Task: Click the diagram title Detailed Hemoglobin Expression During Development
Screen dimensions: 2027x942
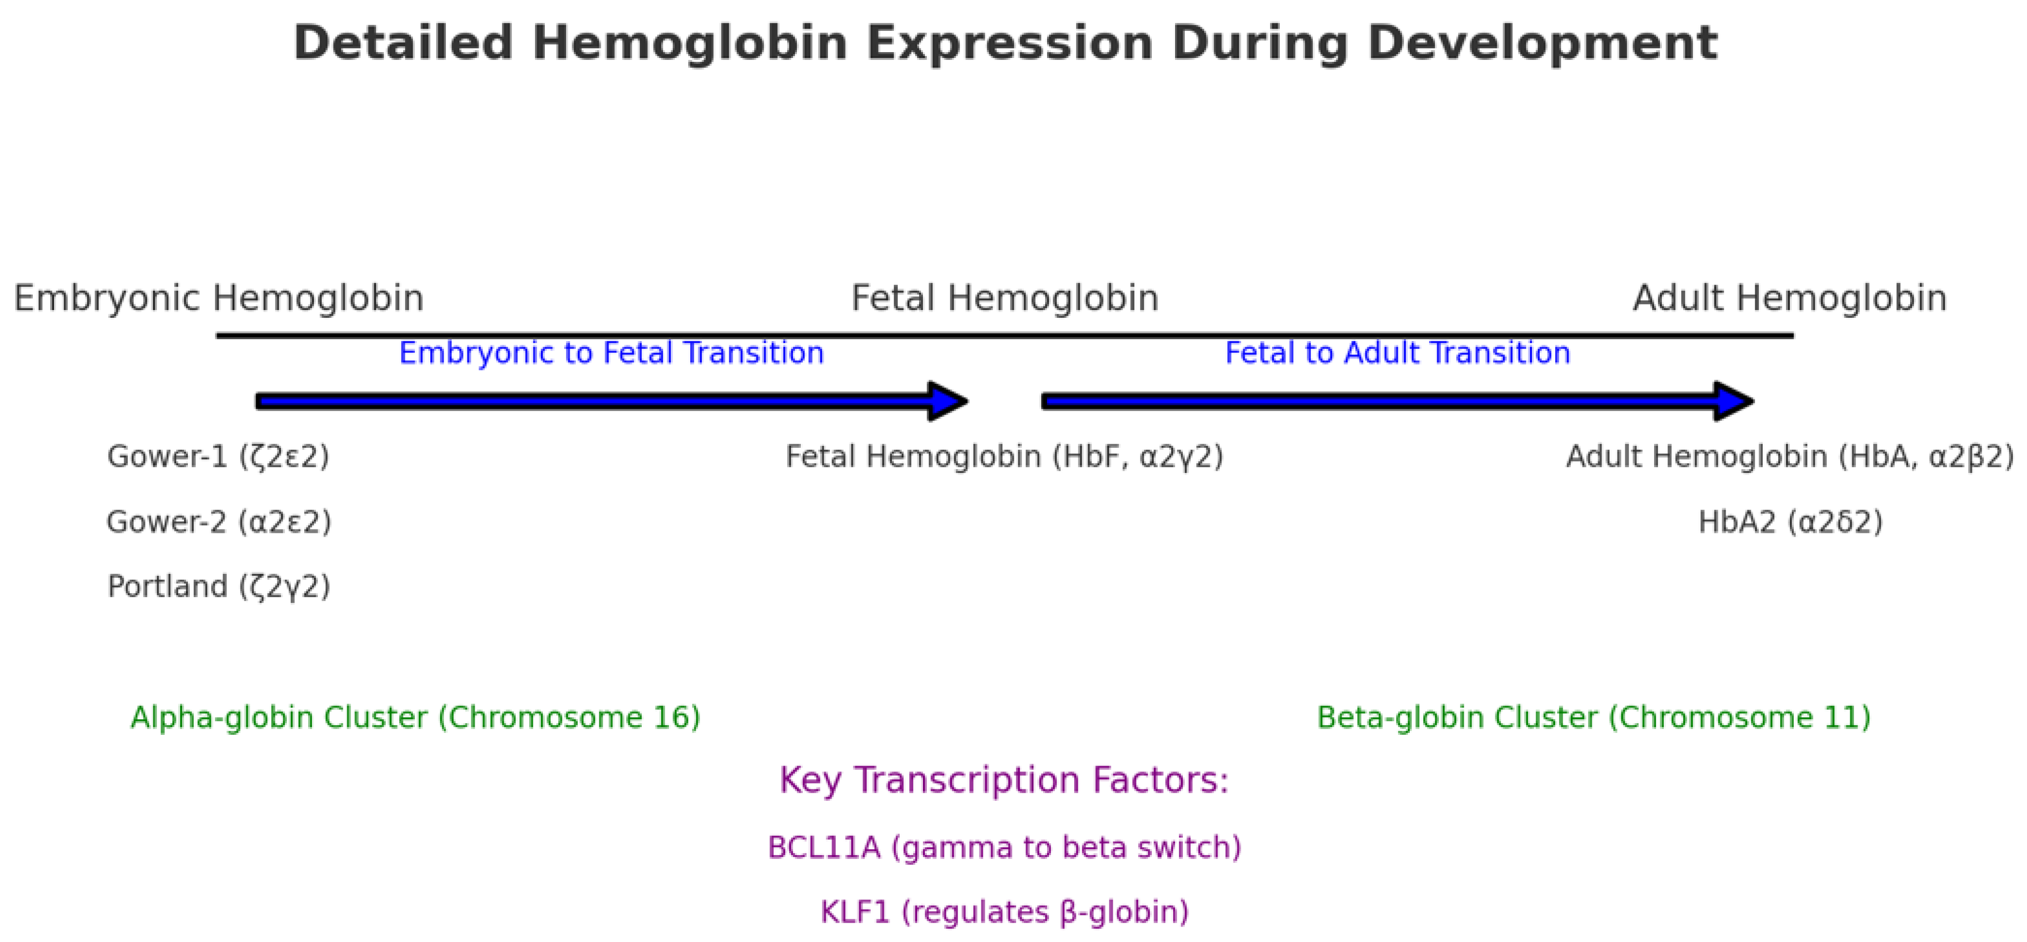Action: [1005, 43]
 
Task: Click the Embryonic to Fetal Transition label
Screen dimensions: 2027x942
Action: [611, 353]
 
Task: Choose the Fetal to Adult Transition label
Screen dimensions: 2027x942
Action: [1398, 353]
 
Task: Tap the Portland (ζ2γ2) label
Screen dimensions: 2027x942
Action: [219, 587]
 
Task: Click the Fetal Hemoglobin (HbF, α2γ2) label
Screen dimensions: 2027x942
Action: [1005, 457]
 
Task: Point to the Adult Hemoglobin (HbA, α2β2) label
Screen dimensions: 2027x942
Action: [1789, 457]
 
